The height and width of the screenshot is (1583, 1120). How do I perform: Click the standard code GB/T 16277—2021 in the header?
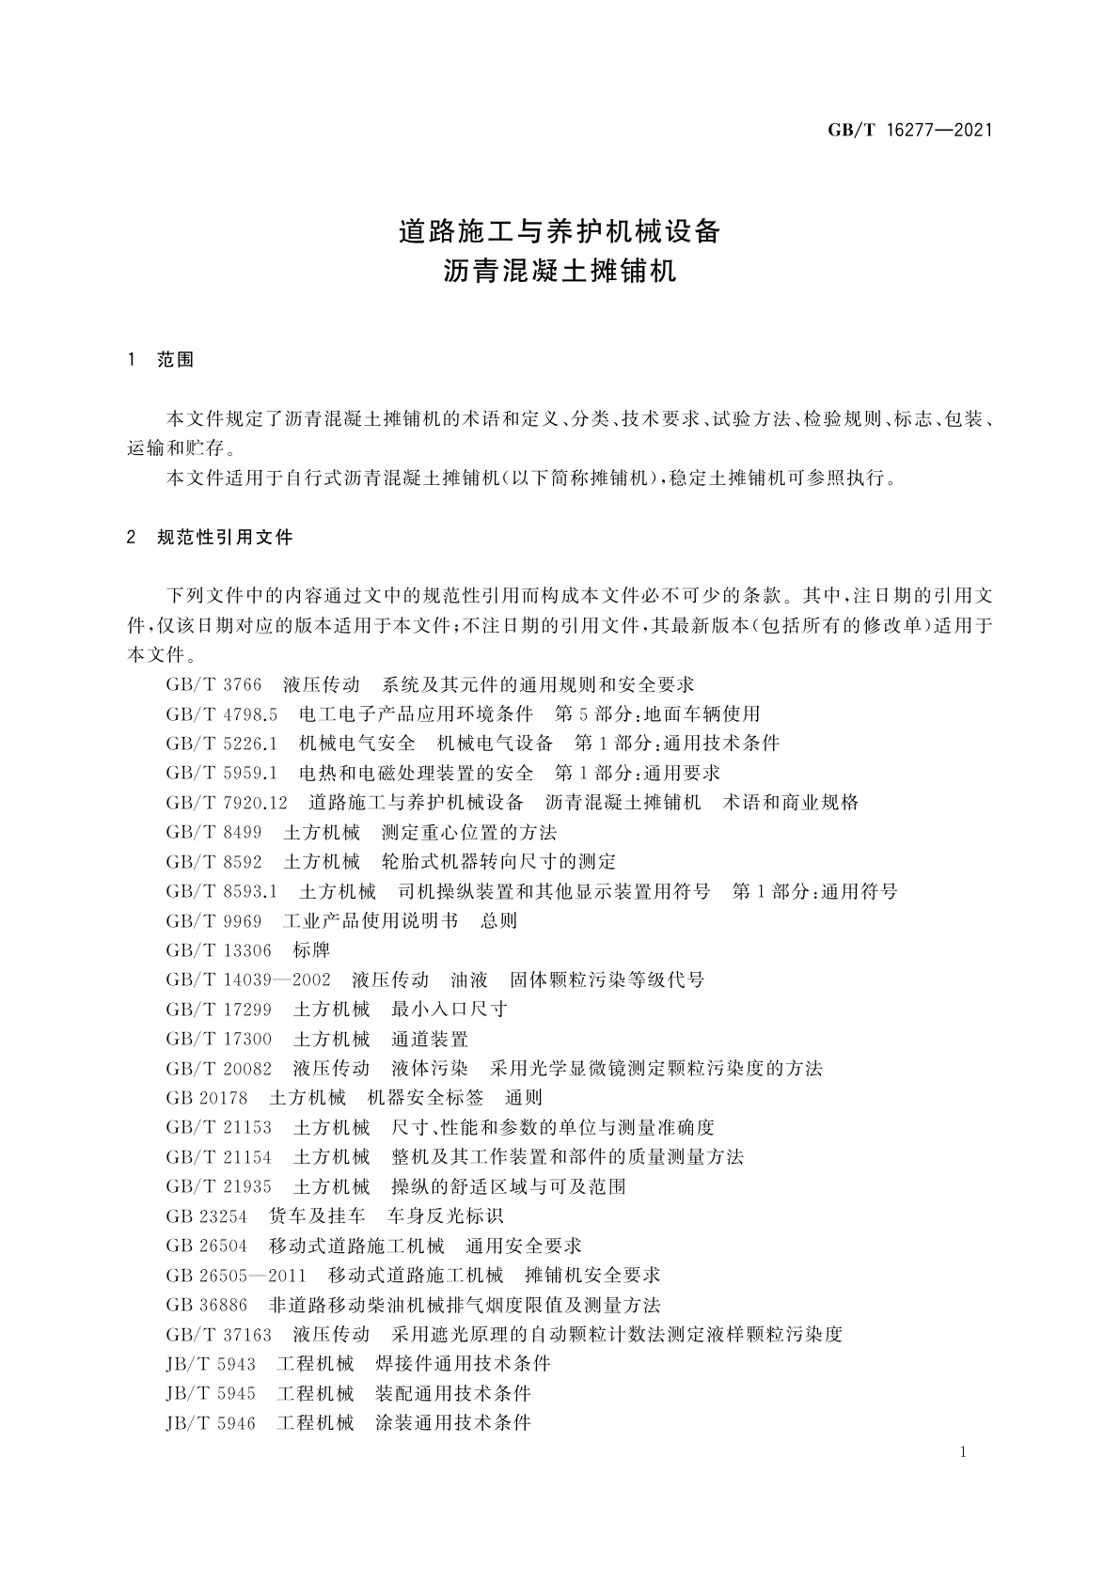909,131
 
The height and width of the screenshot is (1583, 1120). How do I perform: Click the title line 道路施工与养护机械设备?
560,231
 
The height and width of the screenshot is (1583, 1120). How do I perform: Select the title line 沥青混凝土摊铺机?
560,273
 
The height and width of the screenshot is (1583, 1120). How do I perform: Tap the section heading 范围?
176,360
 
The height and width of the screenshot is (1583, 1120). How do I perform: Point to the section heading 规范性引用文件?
225,538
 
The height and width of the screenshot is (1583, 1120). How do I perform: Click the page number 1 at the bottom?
963,1452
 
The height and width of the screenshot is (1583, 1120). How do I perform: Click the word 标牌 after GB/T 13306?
311,950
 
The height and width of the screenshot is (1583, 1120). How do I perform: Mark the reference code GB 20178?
207,1098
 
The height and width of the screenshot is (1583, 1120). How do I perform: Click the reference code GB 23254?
207,1216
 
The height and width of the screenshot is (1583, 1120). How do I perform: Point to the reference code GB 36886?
207,1305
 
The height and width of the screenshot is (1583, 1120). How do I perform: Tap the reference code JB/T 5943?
211,1364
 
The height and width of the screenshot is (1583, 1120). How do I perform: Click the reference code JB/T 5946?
211,1423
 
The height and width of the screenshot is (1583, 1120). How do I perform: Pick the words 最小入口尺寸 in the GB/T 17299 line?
450,1010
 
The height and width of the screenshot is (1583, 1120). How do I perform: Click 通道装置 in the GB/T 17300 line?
430,1039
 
